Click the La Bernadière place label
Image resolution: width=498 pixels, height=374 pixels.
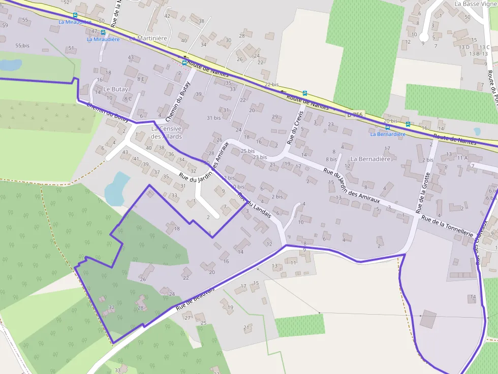click(x=370, y=159)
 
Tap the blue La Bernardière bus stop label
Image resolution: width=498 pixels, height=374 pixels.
click(x=388, y=134)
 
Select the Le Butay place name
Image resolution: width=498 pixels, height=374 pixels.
click(x=116, y=89)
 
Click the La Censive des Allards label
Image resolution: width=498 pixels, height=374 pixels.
click(x=166, y=132)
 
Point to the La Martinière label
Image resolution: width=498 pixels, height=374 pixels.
click(x=148, y=38)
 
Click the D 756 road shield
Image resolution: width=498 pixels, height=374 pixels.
click(x=355, y=115)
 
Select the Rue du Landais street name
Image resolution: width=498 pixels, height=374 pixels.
click(x=254, y=206)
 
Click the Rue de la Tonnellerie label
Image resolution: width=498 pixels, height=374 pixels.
click(x=447, y=225)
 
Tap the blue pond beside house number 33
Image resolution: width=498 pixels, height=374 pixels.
click(x=117, y=188)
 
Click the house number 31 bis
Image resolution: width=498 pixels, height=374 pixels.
click(x=213, y=118)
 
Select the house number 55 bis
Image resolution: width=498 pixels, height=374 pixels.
click(x=22, y=46)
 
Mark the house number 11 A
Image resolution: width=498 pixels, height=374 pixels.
click(x=462, y=158)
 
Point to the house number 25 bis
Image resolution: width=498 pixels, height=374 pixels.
click(x=247, y=151)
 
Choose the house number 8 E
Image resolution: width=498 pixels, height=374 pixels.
click(x=141, y=79)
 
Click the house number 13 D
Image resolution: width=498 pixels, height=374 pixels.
click(x=464, y=47)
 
